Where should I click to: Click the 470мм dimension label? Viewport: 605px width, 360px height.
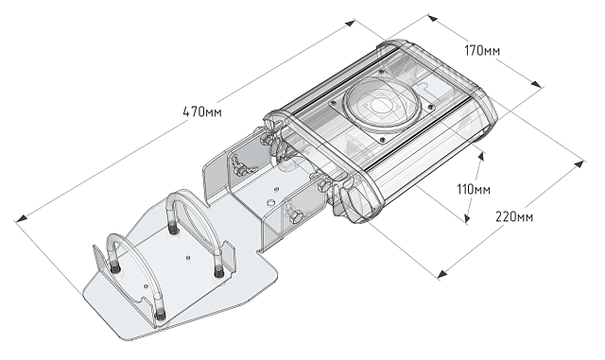[x=202, y=112]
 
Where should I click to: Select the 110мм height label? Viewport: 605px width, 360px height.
[x=474, y=189]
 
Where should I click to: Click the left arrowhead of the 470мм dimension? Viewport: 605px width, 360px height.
[x=22, y=222]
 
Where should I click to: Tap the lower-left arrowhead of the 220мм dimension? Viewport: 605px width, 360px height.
[x=441, y=275]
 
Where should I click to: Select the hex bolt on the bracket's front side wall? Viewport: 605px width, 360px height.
[x=296, y=218]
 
